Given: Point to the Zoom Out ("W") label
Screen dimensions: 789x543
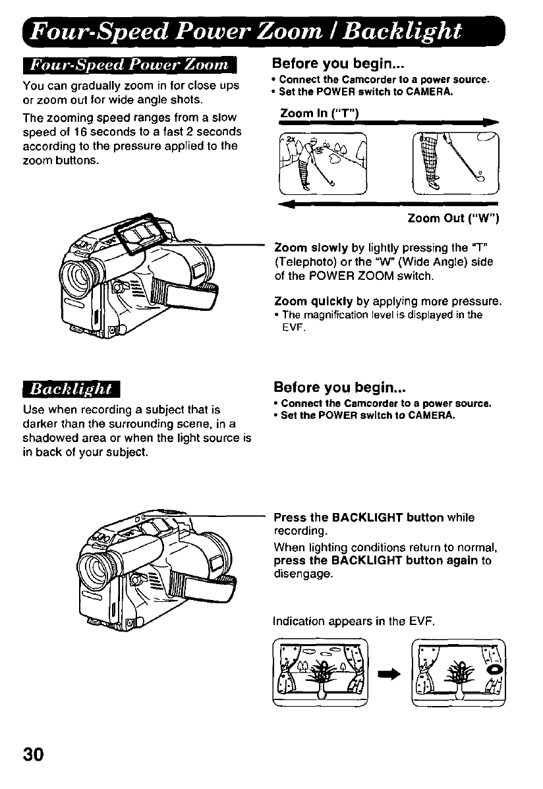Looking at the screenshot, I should point(451,218).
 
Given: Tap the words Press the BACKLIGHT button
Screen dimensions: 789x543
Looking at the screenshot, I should point(358,518).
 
